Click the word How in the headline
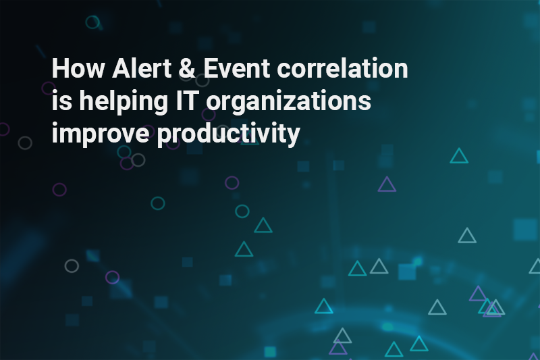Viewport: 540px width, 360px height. point(78,68)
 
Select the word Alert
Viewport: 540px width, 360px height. point(142,68)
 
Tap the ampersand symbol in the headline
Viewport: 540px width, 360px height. point(188,68)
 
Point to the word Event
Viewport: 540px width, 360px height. point(237,68)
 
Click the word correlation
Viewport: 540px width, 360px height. point(343,68)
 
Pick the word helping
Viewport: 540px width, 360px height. point(124,102)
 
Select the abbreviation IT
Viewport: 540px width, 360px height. point(187,100)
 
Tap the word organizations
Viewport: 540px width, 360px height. point(289,102)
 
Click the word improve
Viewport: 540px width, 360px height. point(101,134)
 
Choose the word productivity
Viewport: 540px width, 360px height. point(228,134)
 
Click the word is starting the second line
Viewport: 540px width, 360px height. point(62,100)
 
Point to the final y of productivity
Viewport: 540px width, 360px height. point(293,136)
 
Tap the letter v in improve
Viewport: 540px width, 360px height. point(123,134)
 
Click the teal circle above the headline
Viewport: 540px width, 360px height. point(92,22)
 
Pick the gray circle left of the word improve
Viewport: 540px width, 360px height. point(25,143)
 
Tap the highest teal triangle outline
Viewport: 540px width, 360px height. point(459,156)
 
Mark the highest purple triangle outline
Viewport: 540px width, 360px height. point(387,184)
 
